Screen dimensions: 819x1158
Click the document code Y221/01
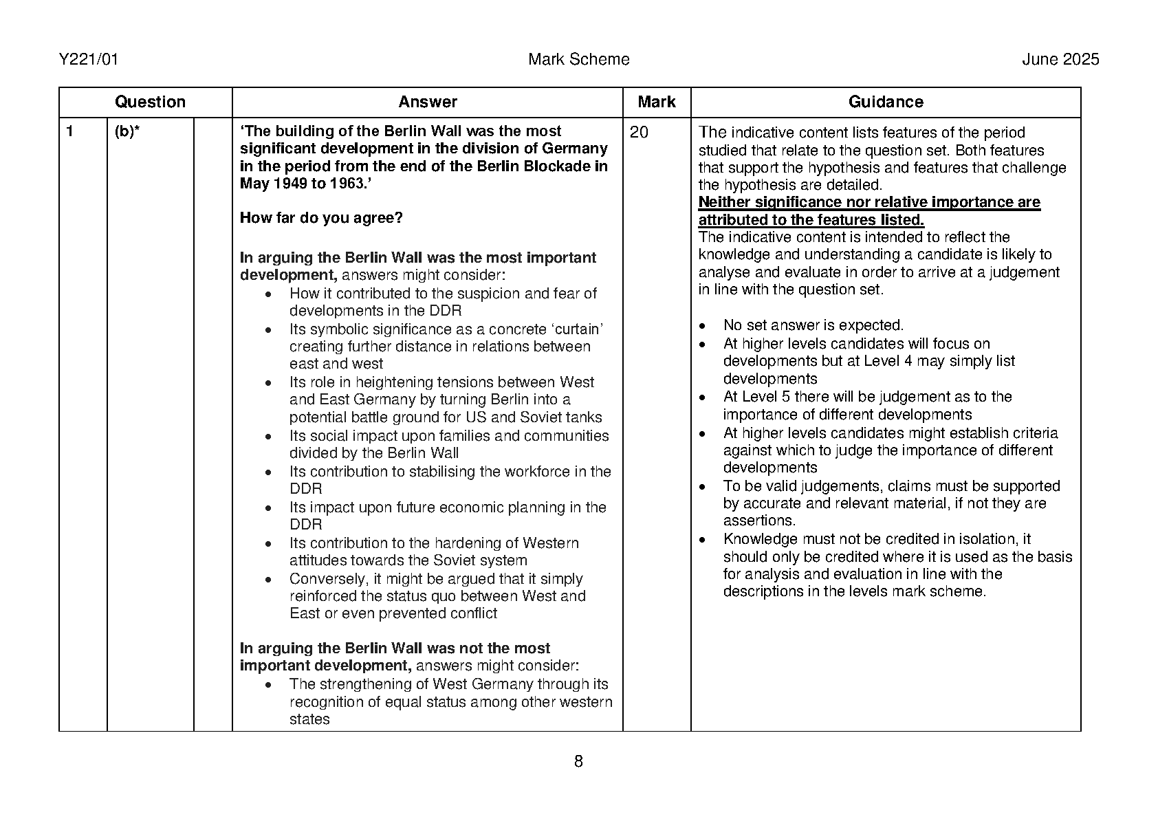click(x=89, y=60)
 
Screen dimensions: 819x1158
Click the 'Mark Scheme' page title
click(x=578, y=60)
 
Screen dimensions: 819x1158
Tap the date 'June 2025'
click(x=1060, y=60)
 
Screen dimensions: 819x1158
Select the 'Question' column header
click(x=150, y=102)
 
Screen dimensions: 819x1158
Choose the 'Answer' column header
click(x=427, y=102)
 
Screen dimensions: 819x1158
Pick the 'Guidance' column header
click(x=885, y=102)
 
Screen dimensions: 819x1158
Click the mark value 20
click(x=639, y=132)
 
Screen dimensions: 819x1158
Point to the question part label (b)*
click(x=127, y=131)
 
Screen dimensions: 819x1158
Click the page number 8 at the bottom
click(x=578, y=761)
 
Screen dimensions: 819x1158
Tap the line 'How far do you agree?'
click(x=321, y=218)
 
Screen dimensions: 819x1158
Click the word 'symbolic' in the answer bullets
click(x=337, y=329)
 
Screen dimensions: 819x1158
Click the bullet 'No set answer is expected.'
click(x=813, y=325)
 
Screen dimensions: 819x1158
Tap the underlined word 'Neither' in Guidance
click(x=724, y=203)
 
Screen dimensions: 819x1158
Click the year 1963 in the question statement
click(x=345, y=184)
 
